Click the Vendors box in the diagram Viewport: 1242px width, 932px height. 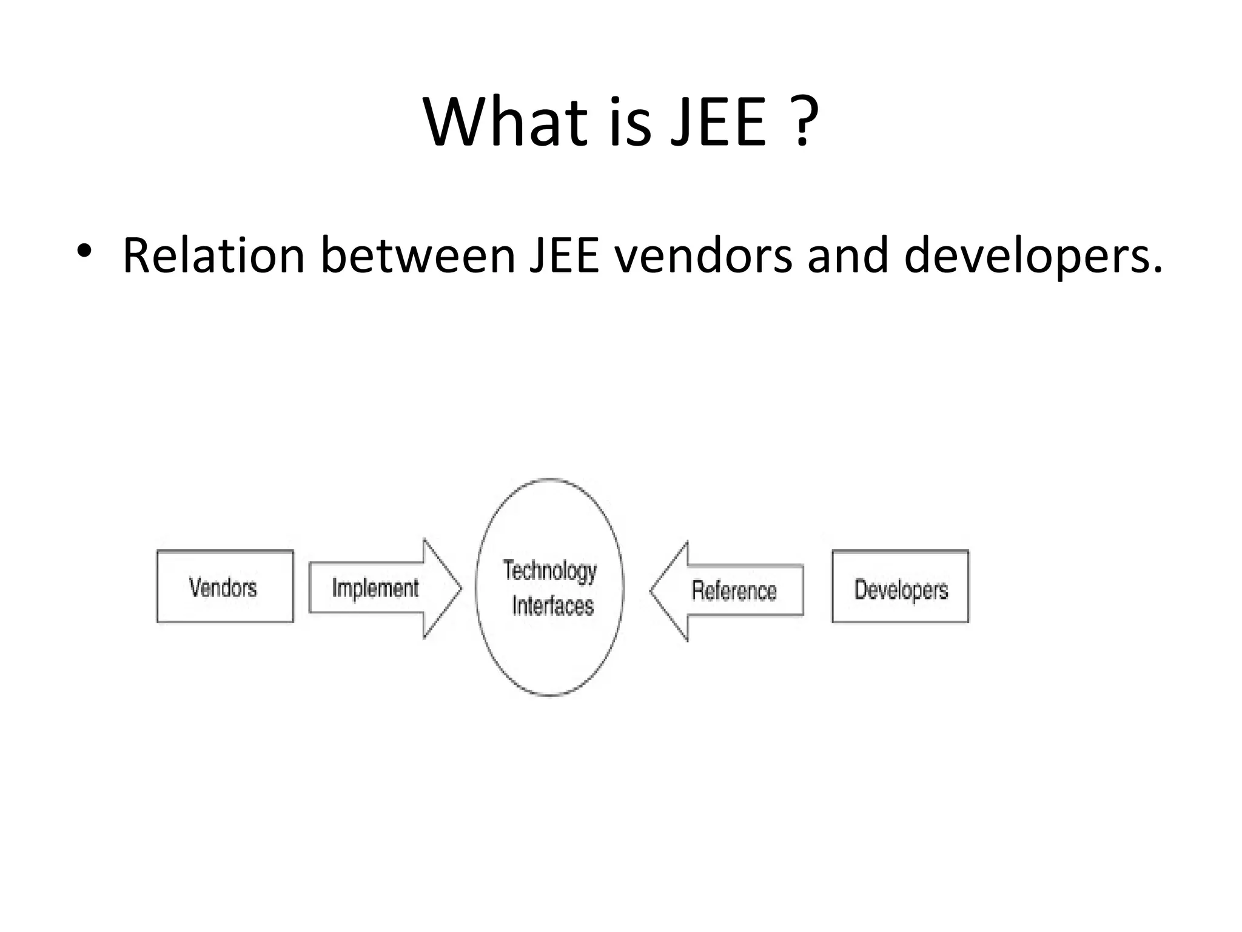tap(225, 587)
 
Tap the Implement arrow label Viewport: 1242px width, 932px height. tap(375, 588)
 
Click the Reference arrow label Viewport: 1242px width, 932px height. tap(734, 590)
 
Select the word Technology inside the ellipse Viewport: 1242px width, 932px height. tap(549, 571)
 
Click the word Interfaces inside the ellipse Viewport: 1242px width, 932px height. tap(552, 606)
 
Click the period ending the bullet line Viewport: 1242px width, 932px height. tap(1157, 271)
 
